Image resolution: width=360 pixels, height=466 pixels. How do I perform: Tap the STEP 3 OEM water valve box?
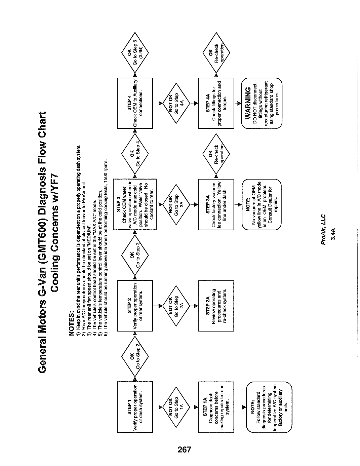(x=135, y=204)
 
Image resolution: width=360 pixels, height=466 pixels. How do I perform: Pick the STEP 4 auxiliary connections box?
(x=135, y=103)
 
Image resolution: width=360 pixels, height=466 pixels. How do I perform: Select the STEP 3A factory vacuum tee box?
(x=216, y=204)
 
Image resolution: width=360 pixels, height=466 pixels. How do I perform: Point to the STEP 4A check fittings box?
(x=216, y=103)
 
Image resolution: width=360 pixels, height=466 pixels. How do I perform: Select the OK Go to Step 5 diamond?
(x=135, y=52)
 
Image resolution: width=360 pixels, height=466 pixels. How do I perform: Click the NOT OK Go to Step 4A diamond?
(x=176, y=103)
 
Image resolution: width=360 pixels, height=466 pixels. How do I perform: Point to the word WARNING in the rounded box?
(x=248, y=103)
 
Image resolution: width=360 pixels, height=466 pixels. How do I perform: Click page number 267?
(x=185, y=449)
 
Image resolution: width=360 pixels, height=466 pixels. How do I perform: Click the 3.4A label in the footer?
(x=333, y=234)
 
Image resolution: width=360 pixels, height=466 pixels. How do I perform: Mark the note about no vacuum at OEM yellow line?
(x=262, y=204)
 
